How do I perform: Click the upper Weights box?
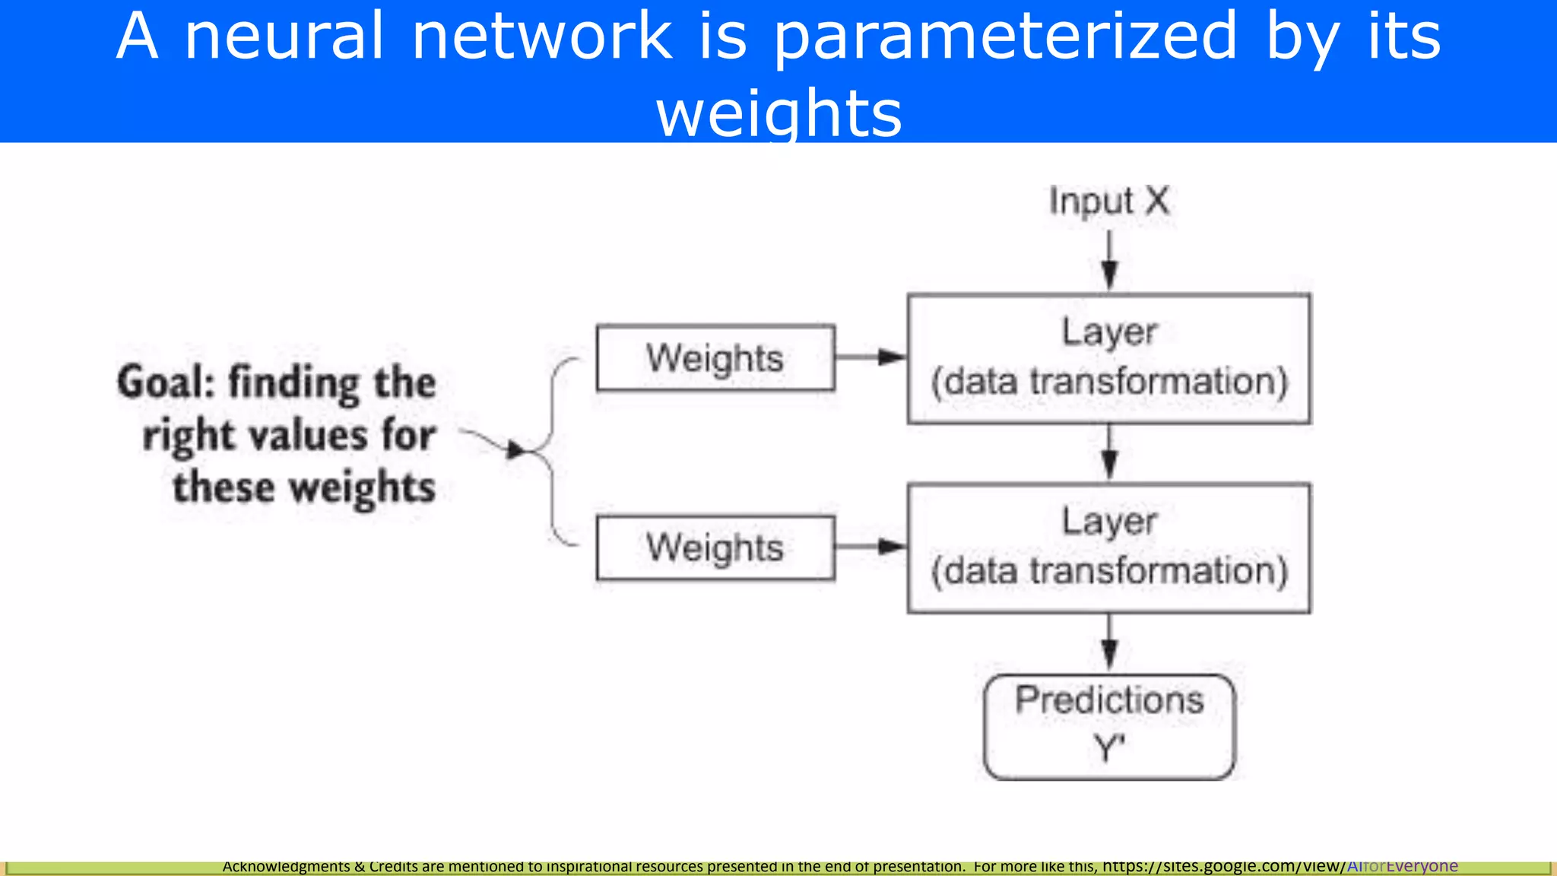pyautogui.click(x=715, y=358)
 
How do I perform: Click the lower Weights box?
pyautogui.click(x=715, y=548)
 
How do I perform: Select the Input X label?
pyautogui.click(x=1108, y=202)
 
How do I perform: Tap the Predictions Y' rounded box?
pyautogui.click(x=1109, y=726)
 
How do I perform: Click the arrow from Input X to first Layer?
pyautogui.click(x=1109, y=260)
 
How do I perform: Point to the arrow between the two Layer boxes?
pyautogui.click(x=1109, y=453)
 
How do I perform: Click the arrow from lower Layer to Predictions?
pyautogui.click(x=1109, y=643)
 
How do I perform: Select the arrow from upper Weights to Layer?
pyautogui.click(x=870, y=357)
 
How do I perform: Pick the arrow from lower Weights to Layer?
pyautogui.click(x=870, y=547)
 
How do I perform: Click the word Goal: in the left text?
pyautogui.click(x=166, y=382)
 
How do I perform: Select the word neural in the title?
pyautogui.click(x=284, y=36)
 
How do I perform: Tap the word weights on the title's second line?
pyautogui.click(x=778, y=113)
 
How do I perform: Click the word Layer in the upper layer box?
pyautogui.click(x=1109, y=332)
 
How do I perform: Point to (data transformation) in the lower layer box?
pyautogui.click(x=1109, y=571)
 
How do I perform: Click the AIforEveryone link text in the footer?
pyautogui.click(x=1402, y=866)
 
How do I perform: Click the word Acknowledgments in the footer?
pyautogui.click(x=286, y=866)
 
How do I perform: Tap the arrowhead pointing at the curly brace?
pyautogui.click(x=517, y=450)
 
